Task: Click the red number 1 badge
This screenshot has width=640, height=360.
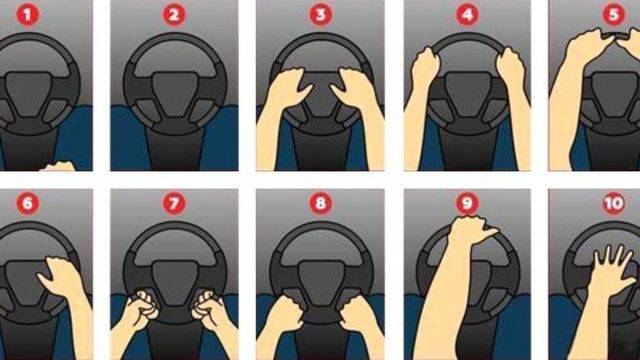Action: click(x=27, y=15)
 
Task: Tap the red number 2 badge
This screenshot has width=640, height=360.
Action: click(x=174, y=15)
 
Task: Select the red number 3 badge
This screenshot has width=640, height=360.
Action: click(x=321, y=15)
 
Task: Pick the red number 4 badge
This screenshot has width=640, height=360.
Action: click(x=467, y=15)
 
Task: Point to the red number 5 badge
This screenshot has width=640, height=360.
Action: click(x=614, y=15)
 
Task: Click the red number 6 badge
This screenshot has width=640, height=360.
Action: click(x=27, y=203)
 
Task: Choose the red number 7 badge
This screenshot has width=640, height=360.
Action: click(x=174, y=203)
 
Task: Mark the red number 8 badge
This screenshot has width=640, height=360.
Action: click(x=321, y=203)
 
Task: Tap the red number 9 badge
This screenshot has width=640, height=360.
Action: click(x=467, y=203)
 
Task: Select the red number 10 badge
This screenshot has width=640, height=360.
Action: click(x=614, y=203)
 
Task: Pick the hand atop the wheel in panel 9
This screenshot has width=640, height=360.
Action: click(x=472, y=231)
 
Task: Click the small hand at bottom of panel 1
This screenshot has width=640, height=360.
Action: click(x=58, y=166)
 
